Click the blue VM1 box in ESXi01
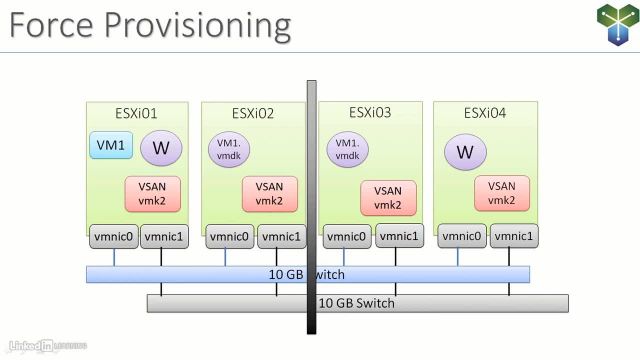(108, 146)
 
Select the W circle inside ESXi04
(464, 152)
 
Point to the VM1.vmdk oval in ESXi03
(346, 150)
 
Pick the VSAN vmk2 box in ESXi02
(269, 192)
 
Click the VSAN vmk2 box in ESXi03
(387, 198)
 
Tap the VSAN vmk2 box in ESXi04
(502, 192)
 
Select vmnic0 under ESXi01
(113, 236)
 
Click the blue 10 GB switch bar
(200, 274)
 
